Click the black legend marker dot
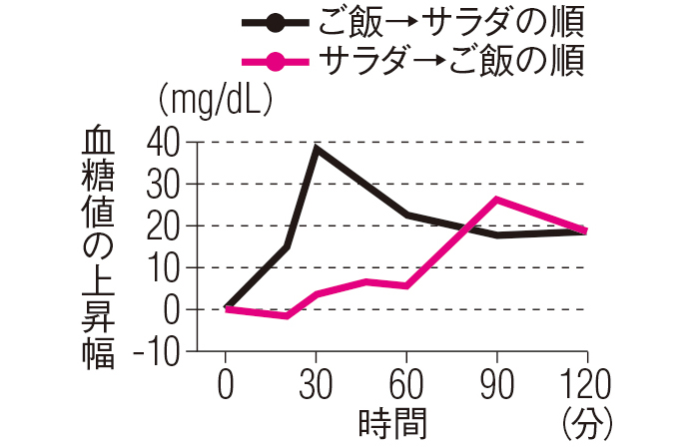click(274, 21)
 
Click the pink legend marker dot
click(274, 63)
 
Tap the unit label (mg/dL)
click(217, 101)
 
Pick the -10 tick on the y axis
click(160, 351)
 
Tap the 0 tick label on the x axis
click(226, 383)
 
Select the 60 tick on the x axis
click(406, 383)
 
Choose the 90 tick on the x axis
click(496, 383)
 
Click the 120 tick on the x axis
click(586, 383)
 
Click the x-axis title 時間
click(392, 422)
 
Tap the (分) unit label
click(587, 422)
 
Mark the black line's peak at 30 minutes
click(317, 148)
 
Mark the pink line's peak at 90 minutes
click(496, 200)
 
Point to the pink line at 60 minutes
click(406, 285)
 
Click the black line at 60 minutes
click(406, 215)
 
